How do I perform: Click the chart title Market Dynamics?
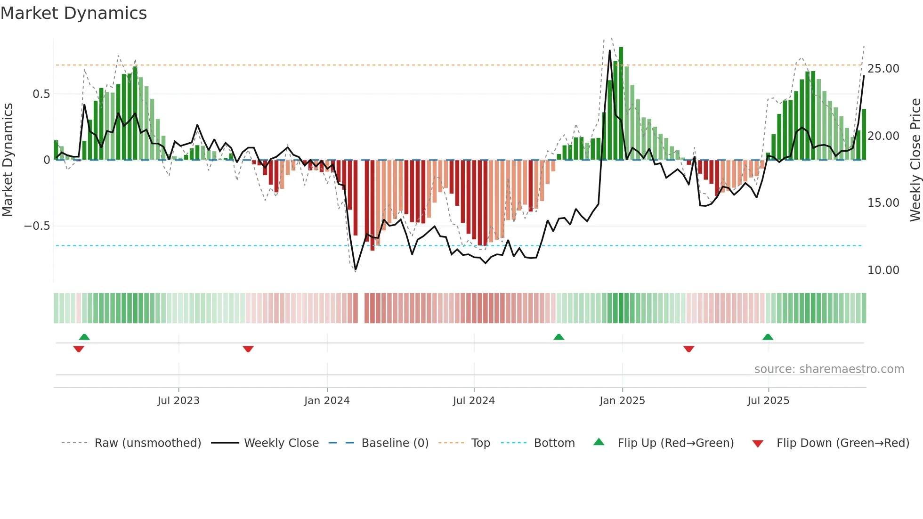[73, 13]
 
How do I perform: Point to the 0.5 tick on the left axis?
[41, 94]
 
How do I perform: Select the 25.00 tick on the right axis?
[883, 69]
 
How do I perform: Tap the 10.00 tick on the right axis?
[883, 270]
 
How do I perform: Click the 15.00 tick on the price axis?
[883, 203]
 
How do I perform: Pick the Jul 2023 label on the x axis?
[178, 401]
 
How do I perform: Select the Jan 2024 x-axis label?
[327, 401]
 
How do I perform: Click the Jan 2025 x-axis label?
[622, 401]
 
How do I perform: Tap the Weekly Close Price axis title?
[915, 160]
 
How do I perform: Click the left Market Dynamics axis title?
[8, 160]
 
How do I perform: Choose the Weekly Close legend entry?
[281, 443]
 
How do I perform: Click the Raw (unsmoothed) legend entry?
[147, 443]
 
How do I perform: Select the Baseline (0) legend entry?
[395, 443]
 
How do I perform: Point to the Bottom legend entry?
[554, 443]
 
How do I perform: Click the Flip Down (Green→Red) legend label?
[842, 443]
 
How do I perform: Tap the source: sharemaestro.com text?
[829, 369]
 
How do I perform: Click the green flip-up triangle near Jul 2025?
[768, 337]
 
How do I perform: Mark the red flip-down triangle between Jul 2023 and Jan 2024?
[248, 349]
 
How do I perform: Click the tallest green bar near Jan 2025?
[621, 104]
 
